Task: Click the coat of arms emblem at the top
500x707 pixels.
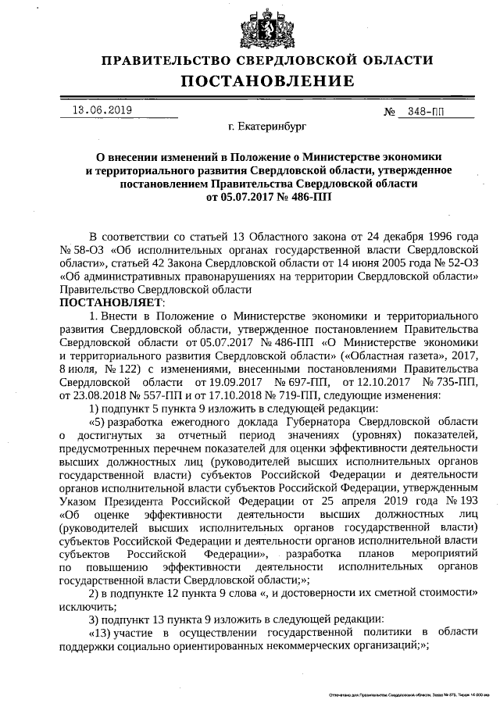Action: (260, 29)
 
